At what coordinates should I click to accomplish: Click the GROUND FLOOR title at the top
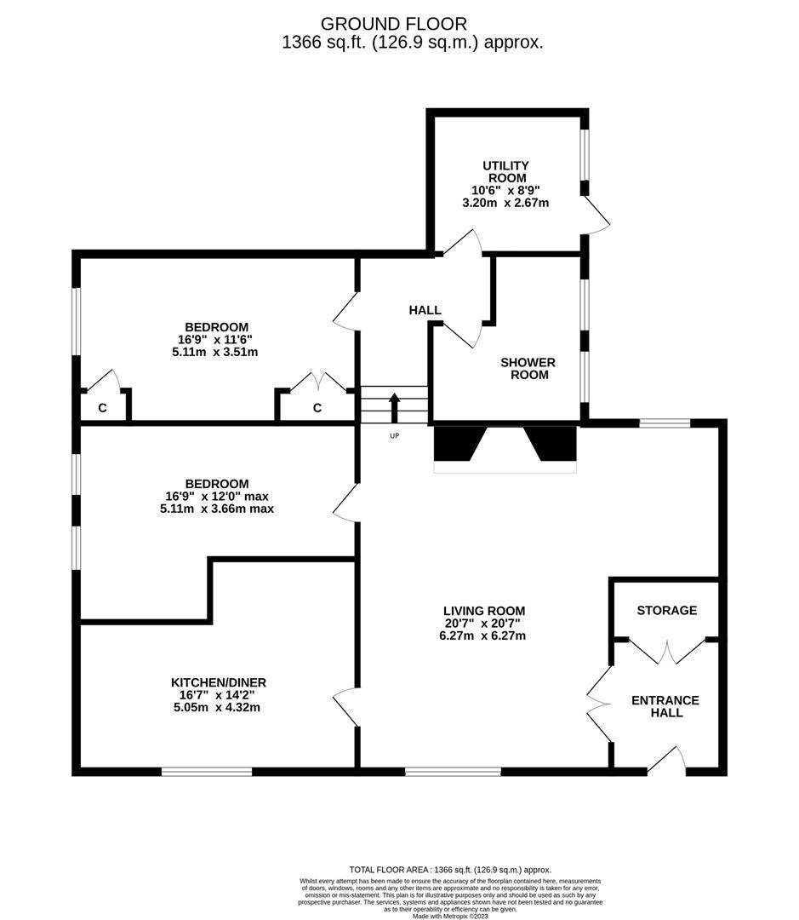(393, 24)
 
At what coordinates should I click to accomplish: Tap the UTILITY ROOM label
(505, 171)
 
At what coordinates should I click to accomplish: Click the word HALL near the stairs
(425, 310)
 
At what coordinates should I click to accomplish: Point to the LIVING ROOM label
(483, 611)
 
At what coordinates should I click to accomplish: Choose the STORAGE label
(667, 610)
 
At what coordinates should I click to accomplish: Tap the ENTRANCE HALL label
(665, 706)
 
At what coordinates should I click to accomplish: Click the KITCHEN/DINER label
(219, 682)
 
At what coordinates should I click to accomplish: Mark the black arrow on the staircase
(394, 406)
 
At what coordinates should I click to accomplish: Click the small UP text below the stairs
(394, 436)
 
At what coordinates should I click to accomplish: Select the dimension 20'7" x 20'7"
(483, 623)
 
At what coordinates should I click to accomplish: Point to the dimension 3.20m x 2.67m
(505, 203)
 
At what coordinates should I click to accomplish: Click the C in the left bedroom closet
(102, 408)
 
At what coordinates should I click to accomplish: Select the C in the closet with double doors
(317, 408)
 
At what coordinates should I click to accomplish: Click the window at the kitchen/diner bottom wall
(207, 772)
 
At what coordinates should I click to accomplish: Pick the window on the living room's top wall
(665, 423)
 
